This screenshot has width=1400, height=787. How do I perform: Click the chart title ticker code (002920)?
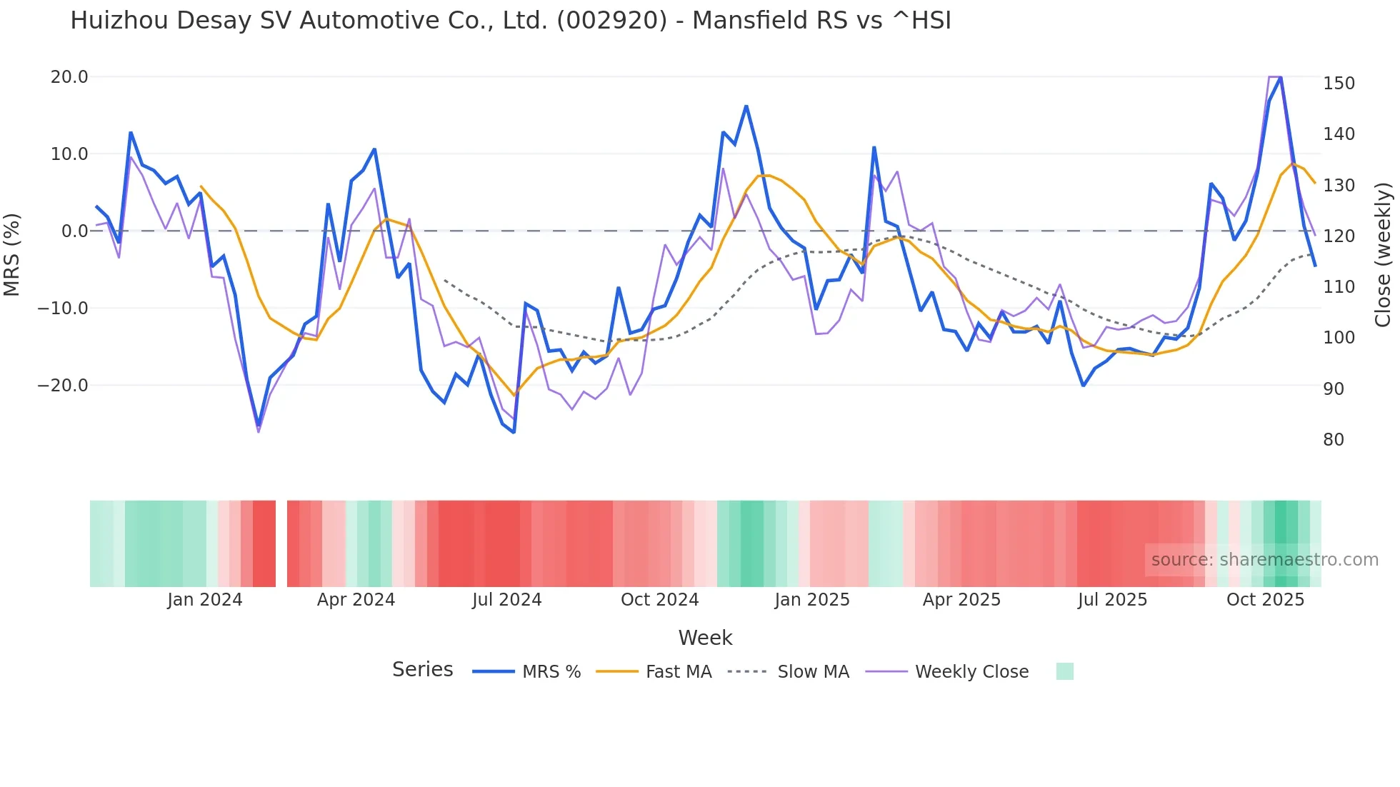(611, 21)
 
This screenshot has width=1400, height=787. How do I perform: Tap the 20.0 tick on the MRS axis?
(69, 77)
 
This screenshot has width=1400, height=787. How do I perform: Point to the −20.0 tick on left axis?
(63, 386)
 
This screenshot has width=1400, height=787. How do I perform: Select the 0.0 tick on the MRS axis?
(74, 231)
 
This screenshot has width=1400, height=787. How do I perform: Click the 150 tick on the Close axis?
(1339, 84)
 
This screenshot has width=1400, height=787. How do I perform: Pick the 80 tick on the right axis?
(1334, 440)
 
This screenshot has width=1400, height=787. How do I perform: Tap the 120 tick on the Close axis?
(1339, 236)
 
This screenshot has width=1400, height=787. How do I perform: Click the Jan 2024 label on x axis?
(205, 600)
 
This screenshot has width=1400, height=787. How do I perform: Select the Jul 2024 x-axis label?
(506, 600)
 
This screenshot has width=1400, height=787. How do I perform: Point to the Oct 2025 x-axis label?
(1265, 600)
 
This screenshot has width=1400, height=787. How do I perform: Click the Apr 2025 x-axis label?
(961, 600)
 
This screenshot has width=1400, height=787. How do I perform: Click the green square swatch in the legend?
(1064, 671)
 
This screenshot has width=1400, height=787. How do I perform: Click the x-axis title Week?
(705, 638)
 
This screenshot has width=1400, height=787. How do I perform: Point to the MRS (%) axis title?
(12, 255)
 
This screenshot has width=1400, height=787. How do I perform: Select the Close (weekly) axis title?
(1383, 255)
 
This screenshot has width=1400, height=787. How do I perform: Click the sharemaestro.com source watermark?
(1264, 560)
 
